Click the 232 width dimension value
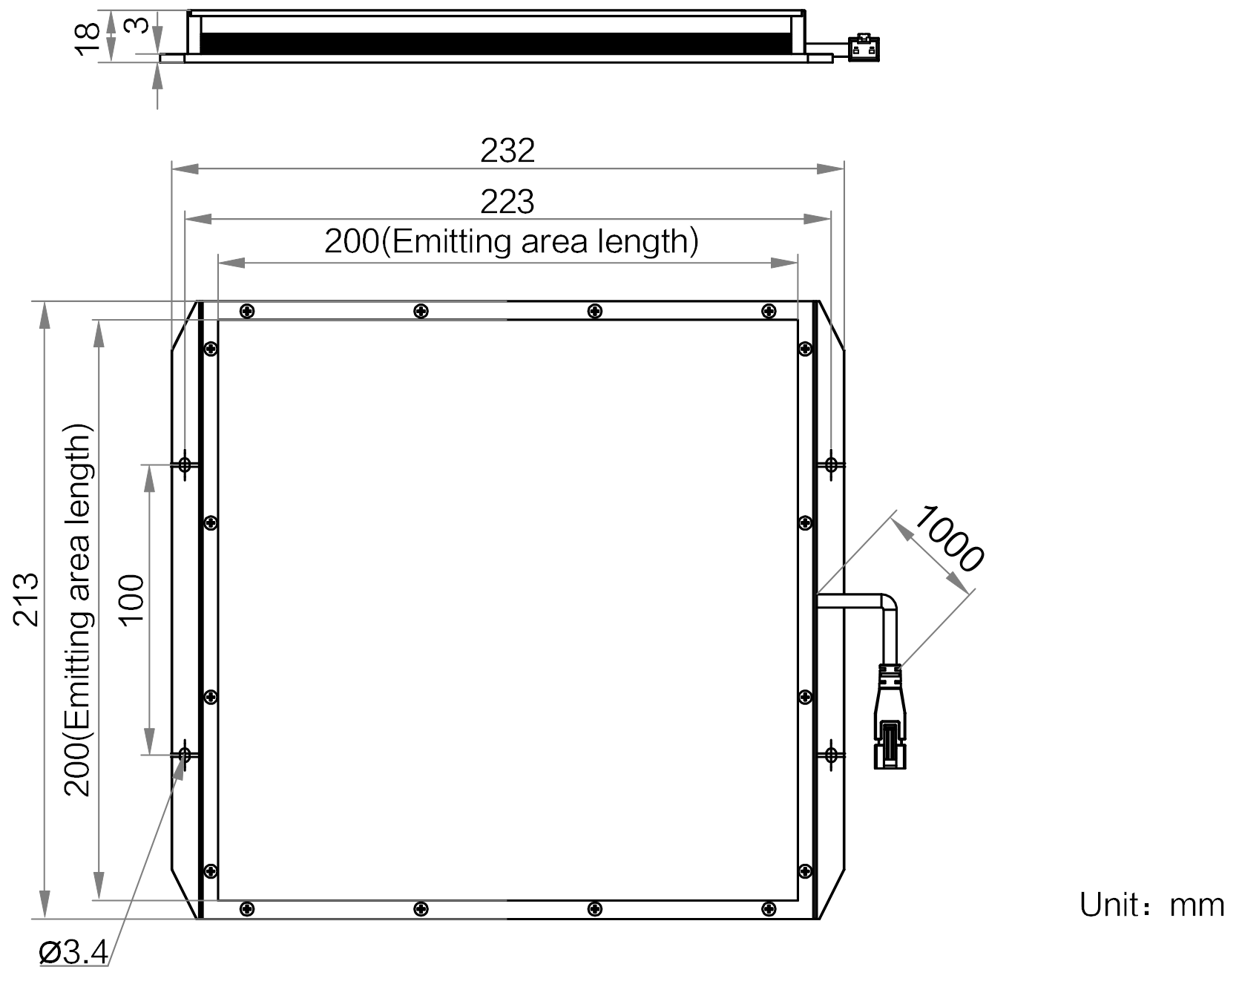click(507, 151)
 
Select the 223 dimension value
click(507, 202)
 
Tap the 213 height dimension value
click(27, 599)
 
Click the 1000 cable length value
click(948, 538)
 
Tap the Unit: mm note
click(1151, 905)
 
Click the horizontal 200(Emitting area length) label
click(511, 242)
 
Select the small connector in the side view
click(864, 47)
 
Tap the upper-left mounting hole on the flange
click(185, 465)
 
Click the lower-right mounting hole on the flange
click(832, 755)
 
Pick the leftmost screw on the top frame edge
click(248, 311)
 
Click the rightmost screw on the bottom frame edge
click(769, 908)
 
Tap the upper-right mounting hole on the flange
click(832, 465)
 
